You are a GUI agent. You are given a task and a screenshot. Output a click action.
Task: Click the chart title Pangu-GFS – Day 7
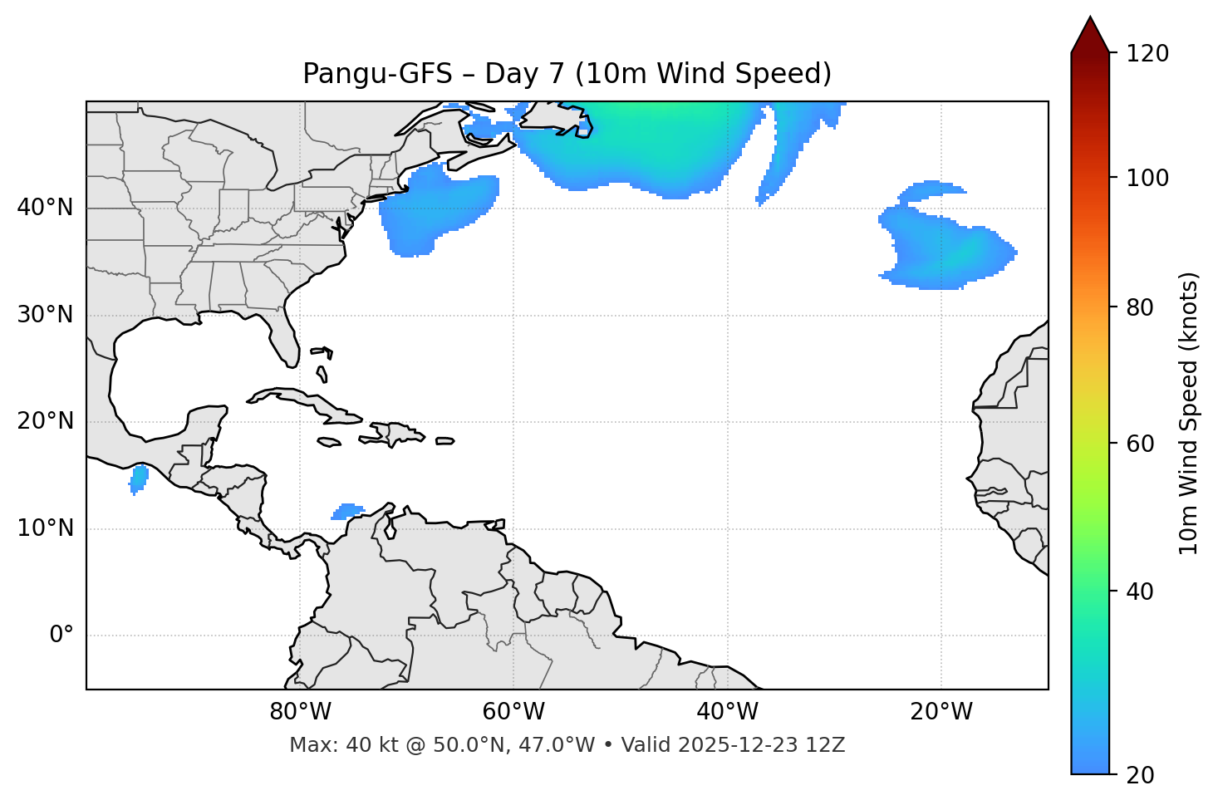click(567, 74)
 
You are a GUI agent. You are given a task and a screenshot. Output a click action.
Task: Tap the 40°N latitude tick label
click(45, 208)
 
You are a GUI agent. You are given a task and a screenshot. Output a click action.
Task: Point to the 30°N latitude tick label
click(45, 315)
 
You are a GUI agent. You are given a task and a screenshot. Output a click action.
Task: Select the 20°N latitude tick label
click(45, 421)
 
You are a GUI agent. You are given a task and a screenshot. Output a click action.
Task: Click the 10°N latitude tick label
click(45, 528)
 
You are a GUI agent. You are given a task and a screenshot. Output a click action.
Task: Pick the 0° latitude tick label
click(61, 636)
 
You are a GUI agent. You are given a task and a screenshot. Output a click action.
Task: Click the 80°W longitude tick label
click(300, 712)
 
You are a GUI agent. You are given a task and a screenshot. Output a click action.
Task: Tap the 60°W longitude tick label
click(513, 712)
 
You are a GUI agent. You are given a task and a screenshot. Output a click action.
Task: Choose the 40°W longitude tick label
click(727, 712)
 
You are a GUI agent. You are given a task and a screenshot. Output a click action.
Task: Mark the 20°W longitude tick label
click(941, 712)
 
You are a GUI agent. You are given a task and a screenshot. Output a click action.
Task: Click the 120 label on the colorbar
click(1147, 54)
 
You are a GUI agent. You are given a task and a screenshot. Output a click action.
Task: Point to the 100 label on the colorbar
click(1147, 178)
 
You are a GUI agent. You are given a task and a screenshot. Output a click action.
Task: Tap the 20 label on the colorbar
click(1141, 775)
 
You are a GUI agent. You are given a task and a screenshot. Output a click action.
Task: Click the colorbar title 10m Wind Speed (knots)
click(1189, 413)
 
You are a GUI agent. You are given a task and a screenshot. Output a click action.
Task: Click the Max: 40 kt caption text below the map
click(567, 745)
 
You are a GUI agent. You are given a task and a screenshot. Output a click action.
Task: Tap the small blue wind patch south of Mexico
click(138, 479)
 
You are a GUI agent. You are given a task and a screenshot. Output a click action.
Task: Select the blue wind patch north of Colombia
click(347, 511)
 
